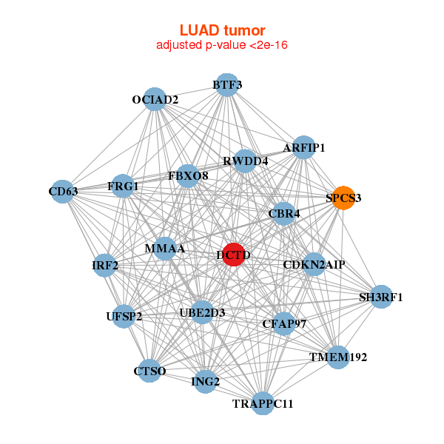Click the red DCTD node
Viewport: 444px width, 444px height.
pyautogui.click(x=234, y=255)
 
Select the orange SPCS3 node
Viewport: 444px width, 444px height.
pyautogui.click(x=343, y=198)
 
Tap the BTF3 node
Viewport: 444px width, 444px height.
pyautogui.click(x=228, y=85)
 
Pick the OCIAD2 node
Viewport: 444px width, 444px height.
pyautogui.click(x=155, y=99)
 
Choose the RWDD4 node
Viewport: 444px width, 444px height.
pyautogui.click(x=246, y=161)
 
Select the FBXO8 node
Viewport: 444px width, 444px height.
pyautogui.click(x=189, y=176)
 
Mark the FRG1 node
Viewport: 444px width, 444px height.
pyautogui.click(x=124, y=186)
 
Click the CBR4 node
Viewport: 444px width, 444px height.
pyautogui.click(x=284, y=215)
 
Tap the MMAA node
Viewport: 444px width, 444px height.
pyautogui.click(x=165, y=248)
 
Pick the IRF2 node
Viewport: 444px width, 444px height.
pyautogui.click(x=105, y=265)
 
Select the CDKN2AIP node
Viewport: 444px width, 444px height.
pyautogui.click(x=314, y=264)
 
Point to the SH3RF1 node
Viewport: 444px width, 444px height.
pyautogui.click(x=381, y=297)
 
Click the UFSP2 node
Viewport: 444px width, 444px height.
pyautogui.click(x=124, y=316)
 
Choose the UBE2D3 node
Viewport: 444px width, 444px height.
pyautogui.click(x=202, y=312)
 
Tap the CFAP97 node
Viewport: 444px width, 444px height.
pyautogui.click(x=284, y=323)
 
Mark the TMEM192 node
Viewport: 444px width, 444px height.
pyautogui.click(x=338, y=357)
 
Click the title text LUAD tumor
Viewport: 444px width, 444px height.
pyautogui.click(x=222, y=30)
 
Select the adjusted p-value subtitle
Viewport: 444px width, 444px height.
pyautogui.click(x=222, y=45)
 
